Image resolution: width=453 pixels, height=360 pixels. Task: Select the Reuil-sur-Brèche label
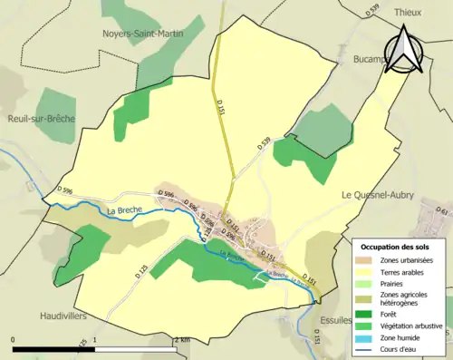(x=40, y=118)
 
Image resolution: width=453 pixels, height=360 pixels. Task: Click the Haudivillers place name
(x=52, y=316)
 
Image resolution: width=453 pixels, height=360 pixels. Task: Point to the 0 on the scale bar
(x=13, y=340)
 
